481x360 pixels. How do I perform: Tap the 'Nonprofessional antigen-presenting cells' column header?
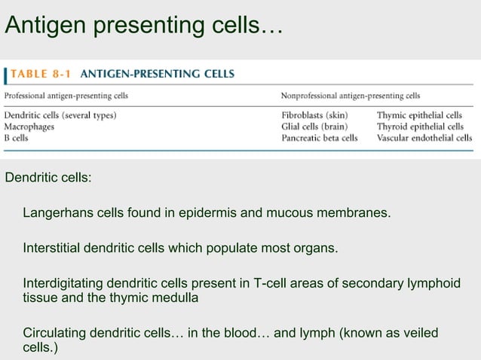[x=351, y=96]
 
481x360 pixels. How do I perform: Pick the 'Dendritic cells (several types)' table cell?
[x=60, y=116]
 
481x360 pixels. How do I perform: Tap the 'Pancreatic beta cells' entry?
[x=320, y=138]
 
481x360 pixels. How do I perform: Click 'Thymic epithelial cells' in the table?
[x=419, y=116]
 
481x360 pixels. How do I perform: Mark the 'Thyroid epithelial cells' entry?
[x=420, y=127]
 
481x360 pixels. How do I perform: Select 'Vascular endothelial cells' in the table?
[x=424, y=138]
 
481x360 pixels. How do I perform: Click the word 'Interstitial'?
[x=54, y=248]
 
